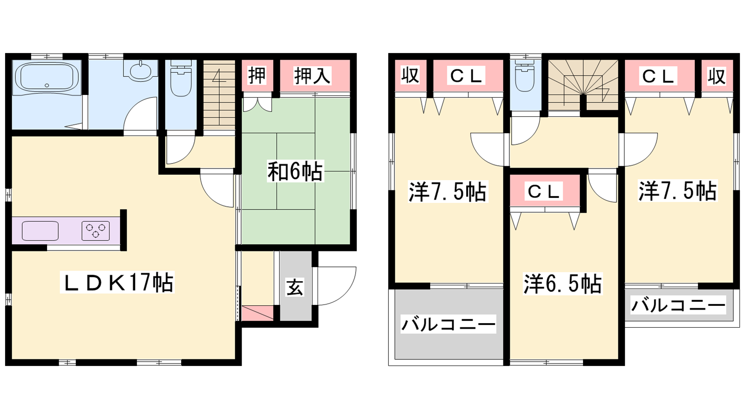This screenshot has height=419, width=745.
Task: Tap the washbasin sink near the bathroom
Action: point(140,70)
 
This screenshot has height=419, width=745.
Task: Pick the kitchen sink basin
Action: point(40,231)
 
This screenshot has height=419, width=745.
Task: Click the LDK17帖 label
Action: point(117,282)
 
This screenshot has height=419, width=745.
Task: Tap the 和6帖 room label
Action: point(295,172)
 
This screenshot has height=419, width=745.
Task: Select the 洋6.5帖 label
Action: point(562,284)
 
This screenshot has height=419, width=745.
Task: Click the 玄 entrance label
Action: point(295,288)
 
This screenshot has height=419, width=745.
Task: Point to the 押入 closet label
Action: point(312,75)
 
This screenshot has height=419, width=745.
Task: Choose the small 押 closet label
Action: point(257,75)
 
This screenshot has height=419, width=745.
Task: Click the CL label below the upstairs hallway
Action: point(543,191)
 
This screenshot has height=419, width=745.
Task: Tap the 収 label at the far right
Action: point(717,76)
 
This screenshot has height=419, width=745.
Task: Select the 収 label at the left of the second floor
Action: point(410,75)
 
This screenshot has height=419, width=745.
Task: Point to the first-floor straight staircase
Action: point(219,95)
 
